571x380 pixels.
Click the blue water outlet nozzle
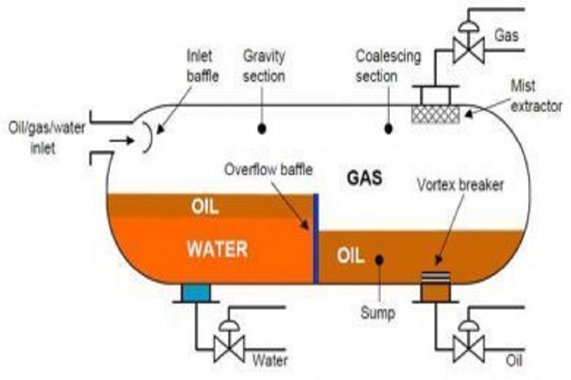(196, 293)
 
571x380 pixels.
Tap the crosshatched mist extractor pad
(435, 115)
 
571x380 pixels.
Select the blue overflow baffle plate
(316, 239)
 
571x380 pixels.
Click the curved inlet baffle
(147, 137)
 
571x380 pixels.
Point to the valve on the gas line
(468, 46)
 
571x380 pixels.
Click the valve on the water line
(228, 345)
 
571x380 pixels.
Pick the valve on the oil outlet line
(468, 345)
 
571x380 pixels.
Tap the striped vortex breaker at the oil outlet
(435, 277)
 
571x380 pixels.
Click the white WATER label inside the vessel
(218, 249)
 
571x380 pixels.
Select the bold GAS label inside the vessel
(365, 178)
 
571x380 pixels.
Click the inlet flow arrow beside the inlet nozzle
(122, 140)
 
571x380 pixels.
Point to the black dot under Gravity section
(261, 129)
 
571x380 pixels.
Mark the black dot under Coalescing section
(388, 129)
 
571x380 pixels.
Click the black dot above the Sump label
(379, 260)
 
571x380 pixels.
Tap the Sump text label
(377, 313)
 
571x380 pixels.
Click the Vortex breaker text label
(461, 185)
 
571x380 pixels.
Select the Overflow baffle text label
(268, 170)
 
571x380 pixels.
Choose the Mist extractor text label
(536, 96)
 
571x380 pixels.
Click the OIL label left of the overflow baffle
(205, 207)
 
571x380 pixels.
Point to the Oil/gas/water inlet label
(46, 138)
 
